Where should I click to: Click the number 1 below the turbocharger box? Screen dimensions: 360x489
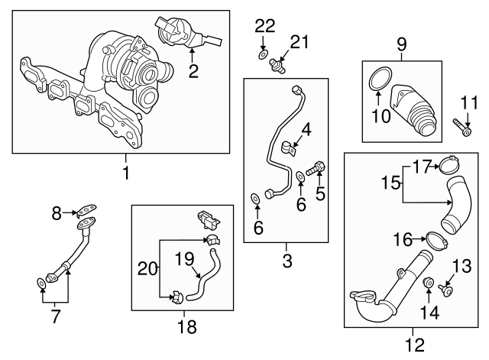(x=126, y=174)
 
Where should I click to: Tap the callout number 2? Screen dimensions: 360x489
(x=193, y=72)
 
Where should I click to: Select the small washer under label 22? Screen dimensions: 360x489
(x=263, y=55)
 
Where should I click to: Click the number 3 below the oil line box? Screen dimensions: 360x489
(x=287, y=261)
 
